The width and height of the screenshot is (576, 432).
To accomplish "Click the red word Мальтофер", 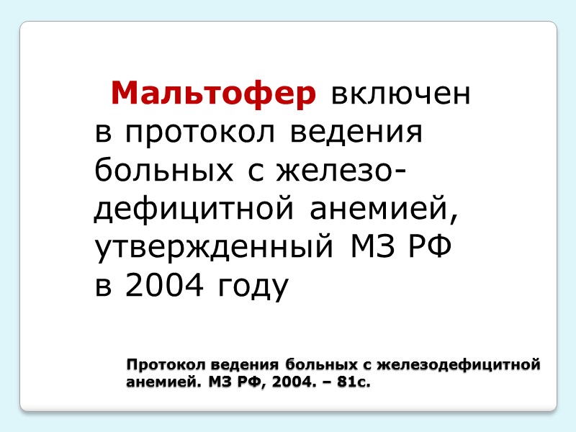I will (x=213, y=94).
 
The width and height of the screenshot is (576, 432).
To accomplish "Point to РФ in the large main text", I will (x=429, y=248).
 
